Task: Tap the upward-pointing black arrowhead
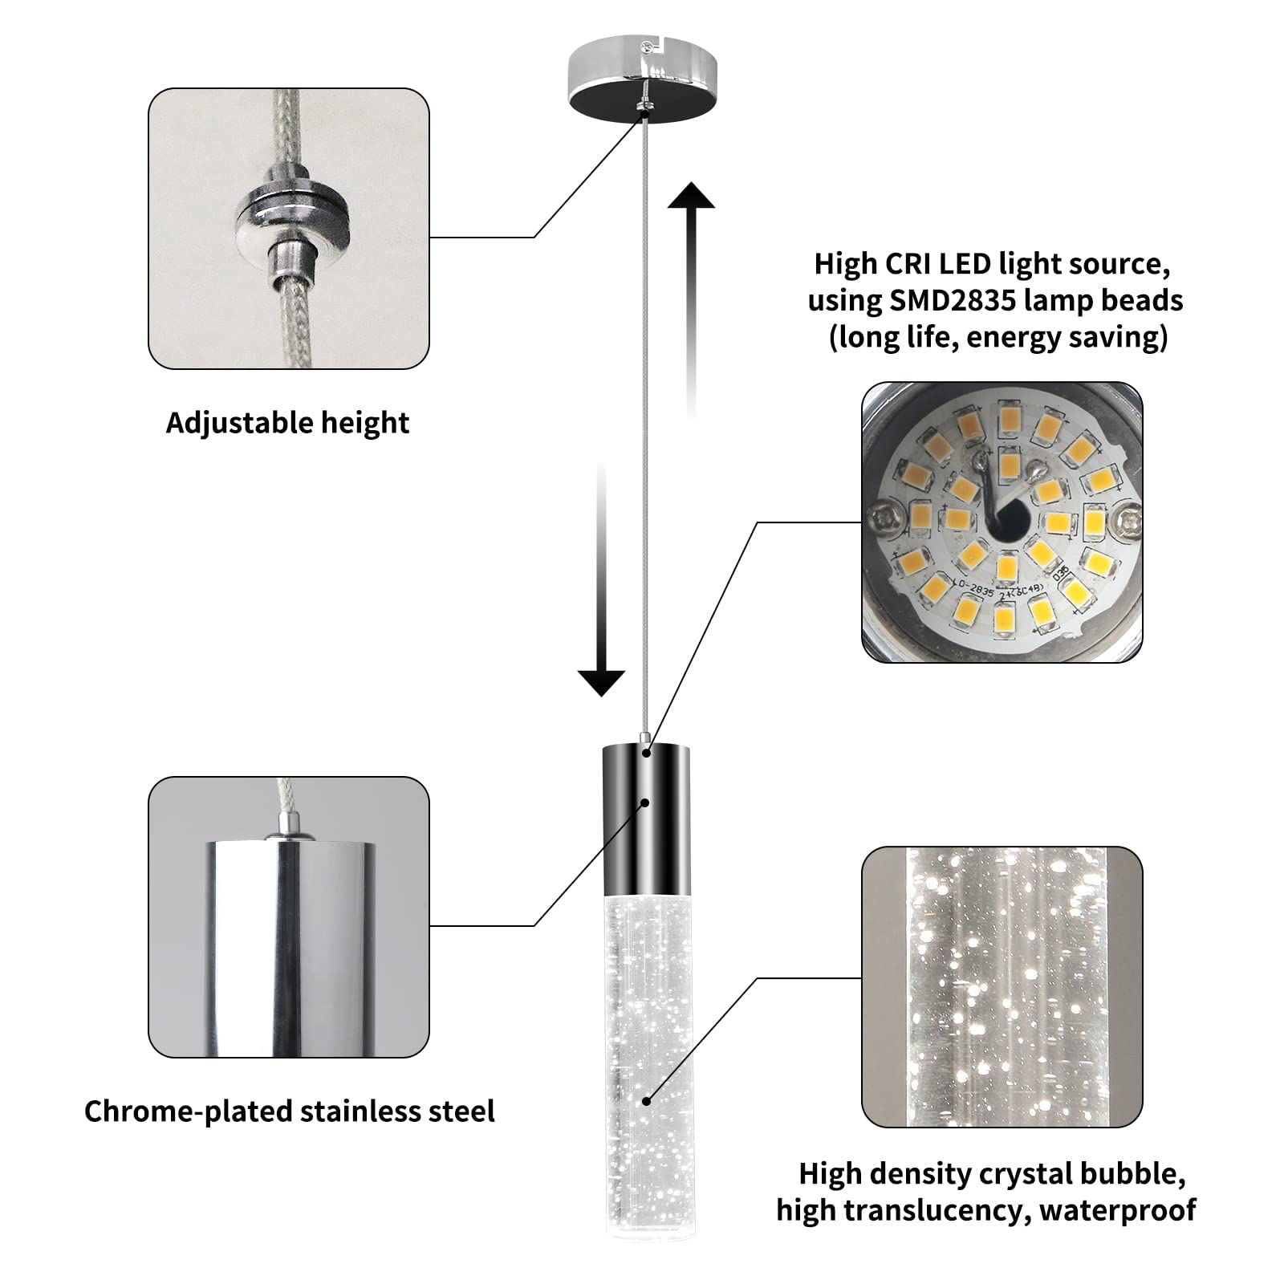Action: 691,197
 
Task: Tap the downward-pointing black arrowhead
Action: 601,682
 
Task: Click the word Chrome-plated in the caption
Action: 189,1111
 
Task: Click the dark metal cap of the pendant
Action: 646,819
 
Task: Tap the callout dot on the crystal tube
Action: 647,1101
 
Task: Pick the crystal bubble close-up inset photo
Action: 1002,986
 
